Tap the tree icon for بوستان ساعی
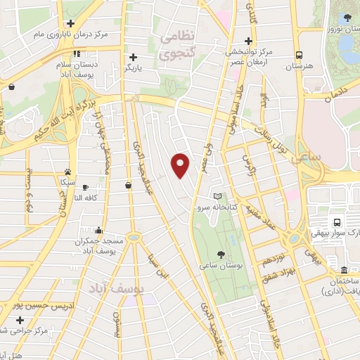click(221, 255)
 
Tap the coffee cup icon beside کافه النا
click(86, 187)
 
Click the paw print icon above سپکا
click(67, 171)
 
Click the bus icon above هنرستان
click(299, 55)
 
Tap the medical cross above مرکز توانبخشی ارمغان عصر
click(247, 41)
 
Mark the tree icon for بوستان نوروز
click(345, 16)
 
